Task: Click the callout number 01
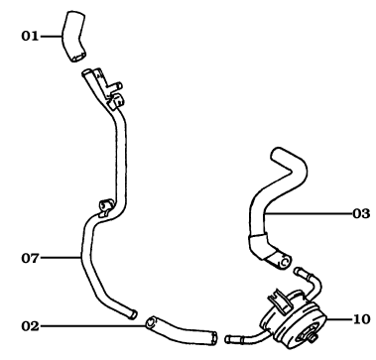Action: tap(29, 36)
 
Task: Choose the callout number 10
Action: tap(358, 318)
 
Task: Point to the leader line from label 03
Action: tap(317, 212)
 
